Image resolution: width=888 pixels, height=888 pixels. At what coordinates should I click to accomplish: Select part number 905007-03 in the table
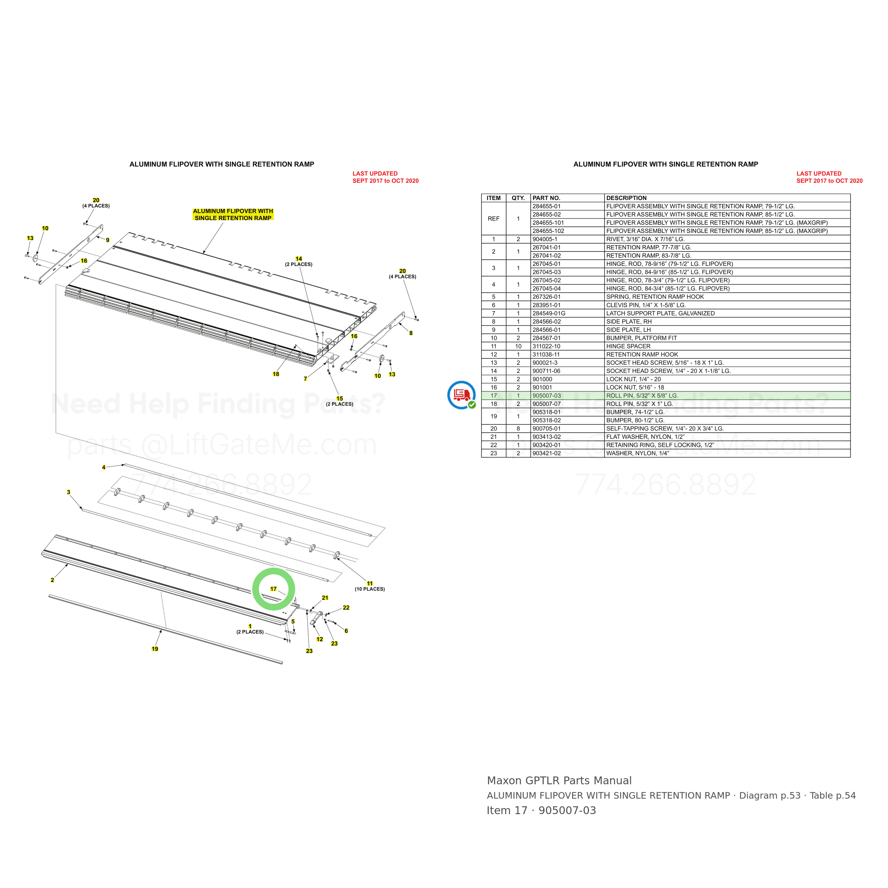tap(547, 396)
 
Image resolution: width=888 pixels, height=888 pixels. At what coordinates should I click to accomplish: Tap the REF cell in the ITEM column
tap(493, 219)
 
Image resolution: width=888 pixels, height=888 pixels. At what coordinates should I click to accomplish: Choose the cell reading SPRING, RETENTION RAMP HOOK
tap(655, 297)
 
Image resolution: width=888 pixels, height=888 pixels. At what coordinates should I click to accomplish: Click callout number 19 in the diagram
tap(155, 649)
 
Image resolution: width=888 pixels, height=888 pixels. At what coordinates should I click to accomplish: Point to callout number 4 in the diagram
tap(103, 467)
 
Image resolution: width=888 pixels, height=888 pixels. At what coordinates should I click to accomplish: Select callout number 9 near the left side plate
tap(108, 240)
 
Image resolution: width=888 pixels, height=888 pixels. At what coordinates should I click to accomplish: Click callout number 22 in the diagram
tap(346, 608)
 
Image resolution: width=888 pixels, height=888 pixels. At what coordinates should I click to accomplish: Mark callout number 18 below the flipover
tap(276, 374)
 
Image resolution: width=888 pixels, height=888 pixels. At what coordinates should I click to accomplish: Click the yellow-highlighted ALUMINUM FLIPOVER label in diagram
tap(233, 215)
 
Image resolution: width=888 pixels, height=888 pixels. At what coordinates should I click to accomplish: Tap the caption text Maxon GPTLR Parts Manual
tap(559, 781)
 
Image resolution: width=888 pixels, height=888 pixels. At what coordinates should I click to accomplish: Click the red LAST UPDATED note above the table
tap(829, 177)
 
